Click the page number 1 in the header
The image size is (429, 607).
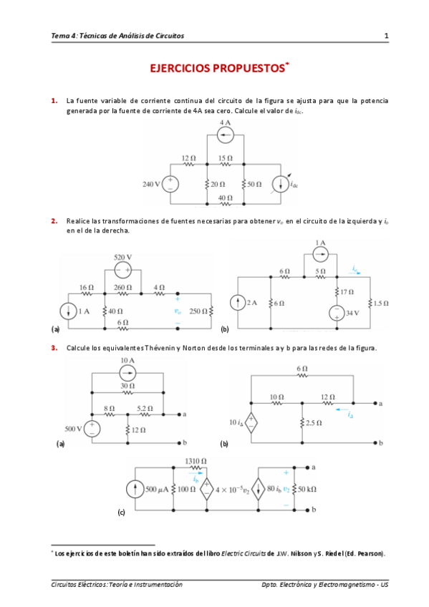point(386,35)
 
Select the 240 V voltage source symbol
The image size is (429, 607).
point(172,184)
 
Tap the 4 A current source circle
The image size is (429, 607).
point(226,135)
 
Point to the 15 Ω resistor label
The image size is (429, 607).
point(225,157)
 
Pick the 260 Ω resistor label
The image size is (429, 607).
point(123,288)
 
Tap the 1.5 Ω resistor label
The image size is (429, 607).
point(380,303)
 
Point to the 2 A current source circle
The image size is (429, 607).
point(238,303)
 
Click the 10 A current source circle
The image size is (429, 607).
point(128,372)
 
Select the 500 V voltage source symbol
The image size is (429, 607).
point(93,429)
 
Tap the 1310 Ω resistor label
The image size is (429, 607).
point(194,462)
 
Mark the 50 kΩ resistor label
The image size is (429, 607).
point(307,490)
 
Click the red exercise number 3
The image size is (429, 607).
point(54,349)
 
